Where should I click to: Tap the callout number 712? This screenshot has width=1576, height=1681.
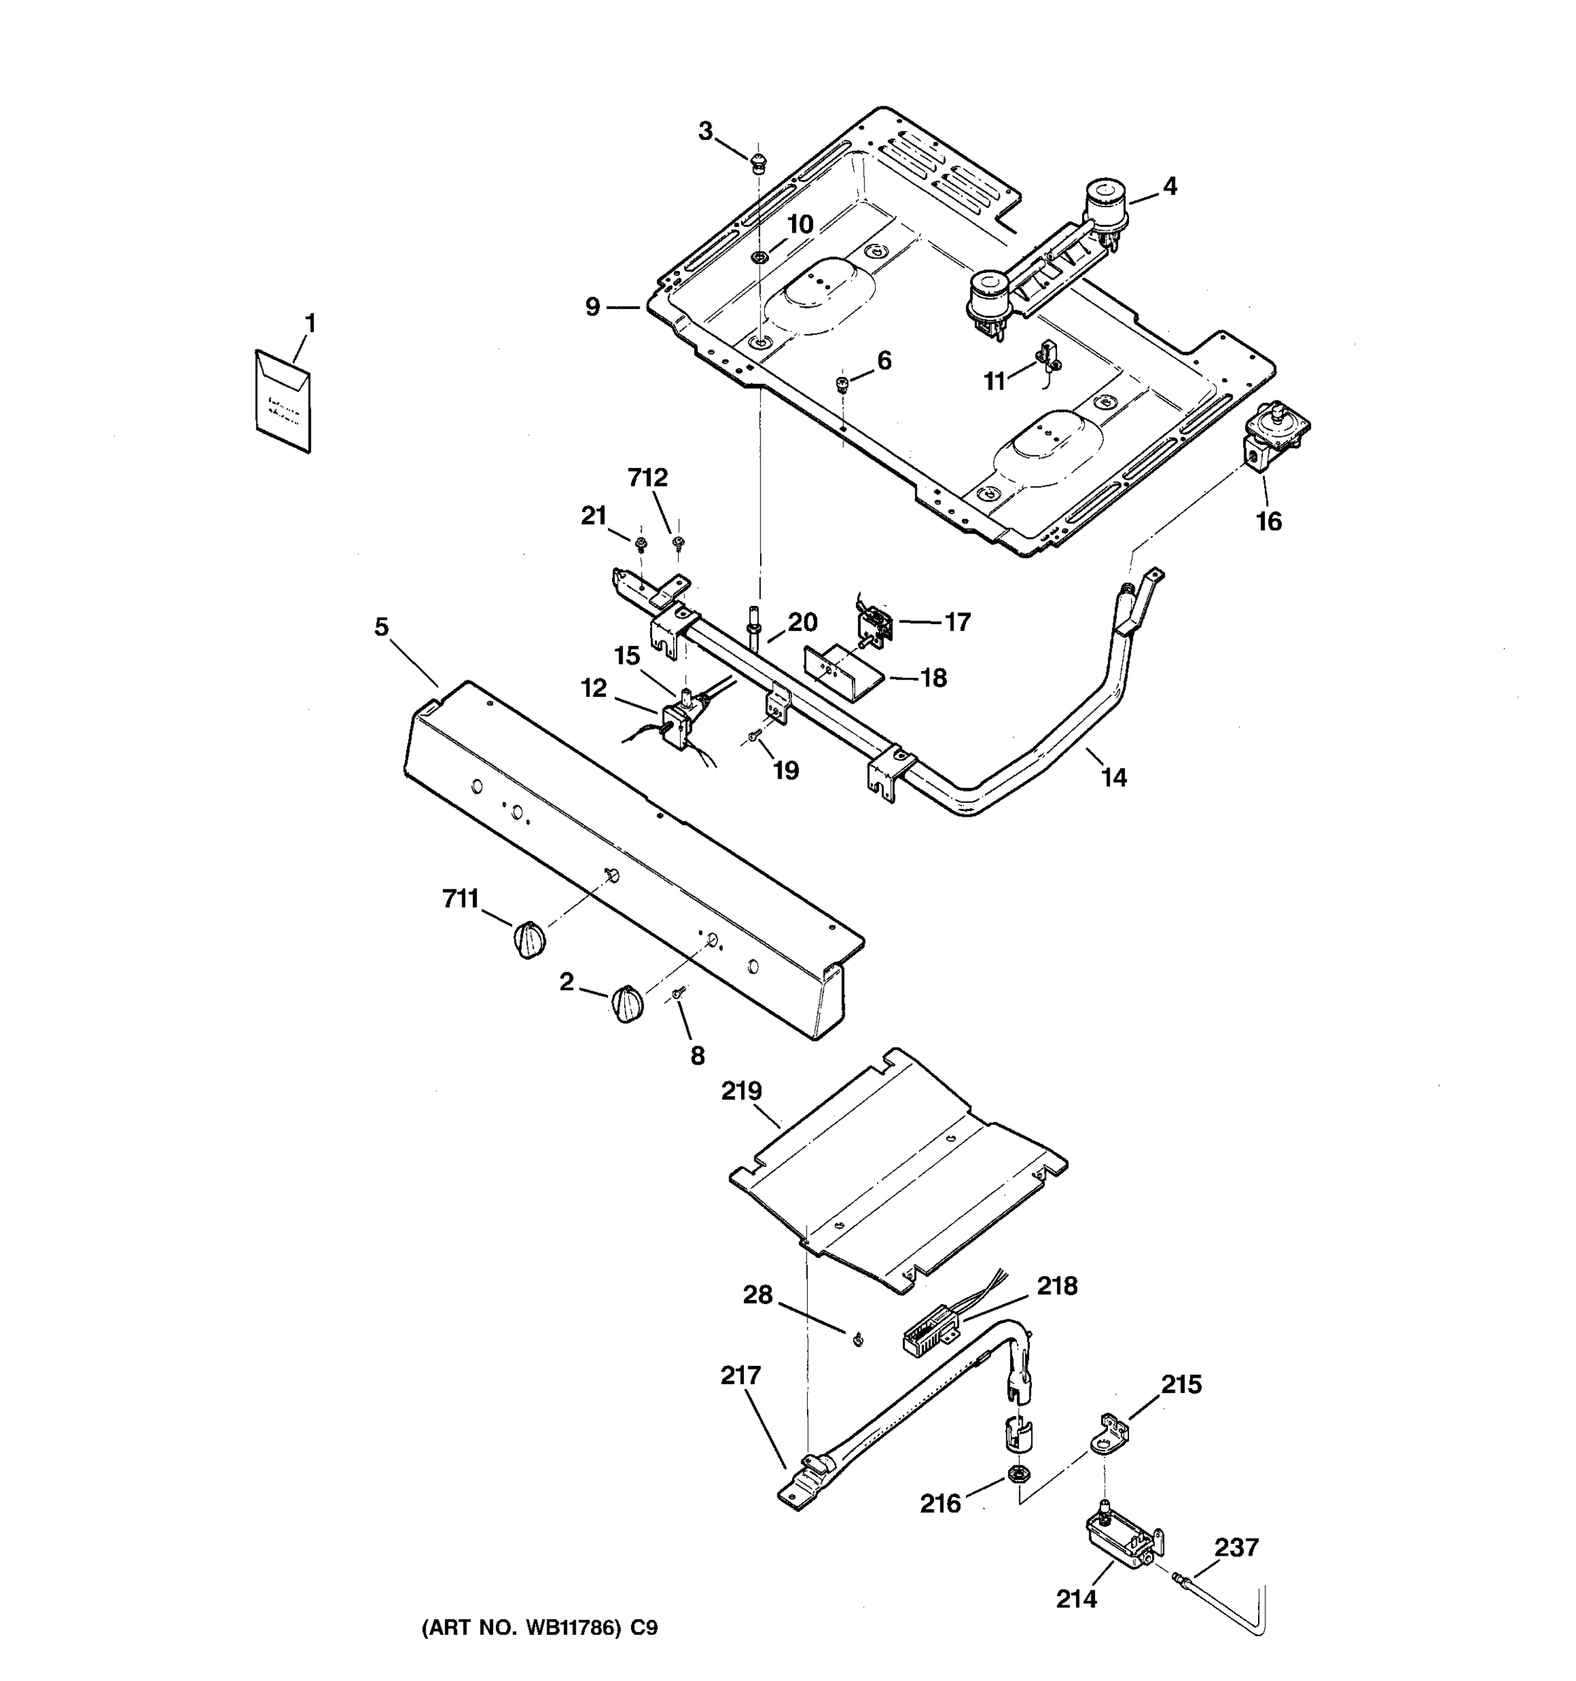(x=648, y=478)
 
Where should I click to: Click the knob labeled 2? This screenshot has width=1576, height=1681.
(x=626, y=1004)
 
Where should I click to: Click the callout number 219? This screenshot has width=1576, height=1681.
(x=742, y=1092)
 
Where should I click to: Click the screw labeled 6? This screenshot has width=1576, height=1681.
(x=841, y=385)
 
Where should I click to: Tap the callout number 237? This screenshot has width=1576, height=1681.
(x=1237, y=1547)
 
